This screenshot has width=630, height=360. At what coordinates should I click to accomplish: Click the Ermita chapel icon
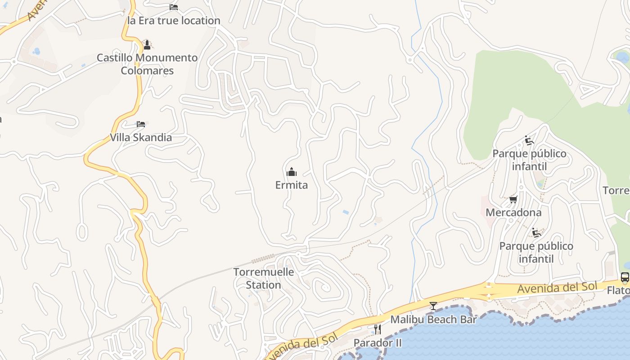point(292,172)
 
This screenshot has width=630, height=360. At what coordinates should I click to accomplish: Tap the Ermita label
point(292,185)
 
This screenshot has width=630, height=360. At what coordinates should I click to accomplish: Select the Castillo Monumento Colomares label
point(147,64)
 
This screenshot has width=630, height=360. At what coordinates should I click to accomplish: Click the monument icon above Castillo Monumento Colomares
point(147,45)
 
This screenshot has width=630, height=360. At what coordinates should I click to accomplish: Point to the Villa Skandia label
point(141,137)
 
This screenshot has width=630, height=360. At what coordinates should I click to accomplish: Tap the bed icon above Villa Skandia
point(141,124)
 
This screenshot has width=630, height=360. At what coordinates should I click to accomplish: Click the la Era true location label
point(174,21)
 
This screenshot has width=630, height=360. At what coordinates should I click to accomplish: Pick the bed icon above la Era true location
point(174,7)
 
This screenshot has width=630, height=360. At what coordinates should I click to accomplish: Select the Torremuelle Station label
point(264,279)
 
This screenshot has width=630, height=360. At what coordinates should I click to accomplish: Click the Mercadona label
point(513,212)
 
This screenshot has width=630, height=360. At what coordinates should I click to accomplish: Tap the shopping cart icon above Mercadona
point(513,199)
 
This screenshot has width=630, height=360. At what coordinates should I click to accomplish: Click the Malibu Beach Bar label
point(433,319)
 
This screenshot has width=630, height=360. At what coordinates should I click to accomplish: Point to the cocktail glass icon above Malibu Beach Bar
point(433,306)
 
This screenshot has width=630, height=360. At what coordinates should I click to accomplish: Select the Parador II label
point(377,343)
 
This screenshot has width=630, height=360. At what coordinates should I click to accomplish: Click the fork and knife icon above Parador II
point(377,329)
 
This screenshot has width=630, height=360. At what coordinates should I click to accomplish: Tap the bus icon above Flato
point(625,277)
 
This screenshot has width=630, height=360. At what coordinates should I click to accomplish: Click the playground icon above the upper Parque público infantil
point(529,140)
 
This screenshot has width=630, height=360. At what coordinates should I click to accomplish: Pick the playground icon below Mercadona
point(536,233)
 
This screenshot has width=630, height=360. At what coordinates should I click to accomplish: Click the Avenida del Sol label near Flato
point(557,287)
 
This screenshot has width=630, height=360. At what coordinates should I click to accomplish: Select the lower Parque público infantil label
point(536,252)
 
